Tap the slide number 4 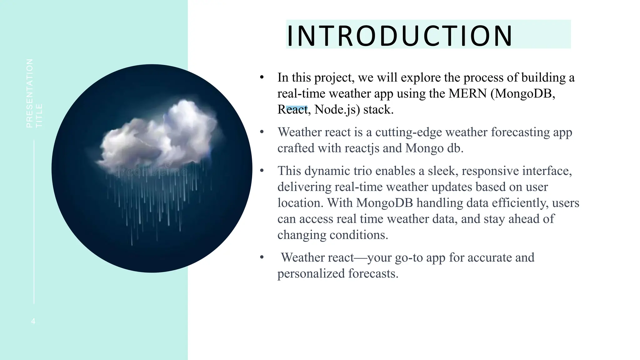(x=33, y=321)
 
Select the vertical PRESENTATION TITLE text (x=34, y=93)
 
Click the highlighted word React (x=292, y=109)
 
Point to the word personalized (x=311, y=274)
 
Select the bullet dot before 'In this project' (x=262, y=77)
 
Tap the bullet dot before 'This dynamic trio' (x=262, y=171)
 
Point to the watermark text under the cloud (x=152, y=172)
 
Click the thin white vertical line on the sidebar (x=34, y=222)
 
